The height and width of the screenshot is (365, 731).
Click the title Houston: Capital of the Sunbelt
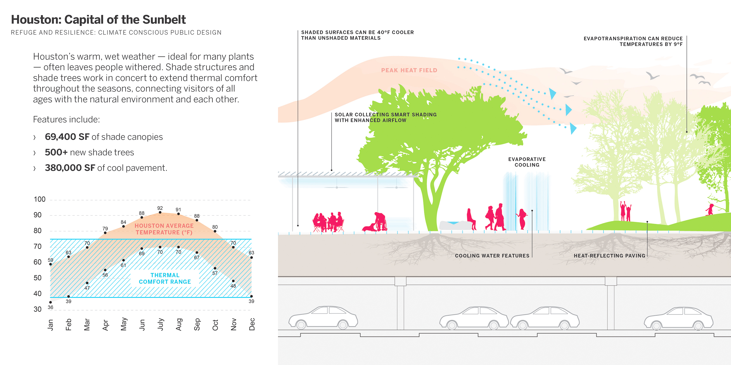click(98, 20)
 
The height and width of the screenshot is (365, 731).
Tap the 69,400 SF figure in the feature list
click(67, 137)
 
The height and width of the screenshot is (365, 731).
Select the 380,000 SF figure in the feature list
click(70, 168)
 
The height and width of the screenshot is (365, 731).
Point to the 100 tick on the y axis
click(39, 199)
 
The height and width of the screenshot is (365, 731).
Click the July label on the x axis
click(160, 324)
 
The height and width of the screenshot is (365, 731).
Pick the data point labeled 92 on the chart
click(160, 212)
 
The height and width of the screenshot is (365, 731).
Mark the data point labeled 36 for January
click(51, 302)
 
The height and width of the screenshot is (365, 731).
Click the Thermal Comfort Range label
click(165, 279)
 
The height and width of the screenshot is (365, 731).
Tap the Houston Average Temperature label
click(164, 229)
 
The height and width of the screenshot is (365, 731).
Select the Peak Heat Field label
click(409, 70)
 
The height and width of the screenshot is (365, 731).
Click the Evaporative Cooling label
click(527, 162)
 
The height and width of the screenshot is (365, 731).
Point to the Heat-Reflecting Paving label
click(609, 256)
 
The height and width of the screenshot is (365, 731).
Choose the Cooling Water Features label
click(492, 256)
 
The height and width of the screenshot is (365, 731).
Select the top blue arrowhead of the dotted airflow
click(552, 93)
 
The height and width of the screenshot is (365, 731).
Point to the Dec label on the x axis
click(252, 324)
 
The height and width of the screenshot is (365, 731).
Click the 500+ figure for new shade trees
click(56, 152)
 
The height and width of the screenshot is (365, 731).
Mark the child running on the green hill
click(710, 209)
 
